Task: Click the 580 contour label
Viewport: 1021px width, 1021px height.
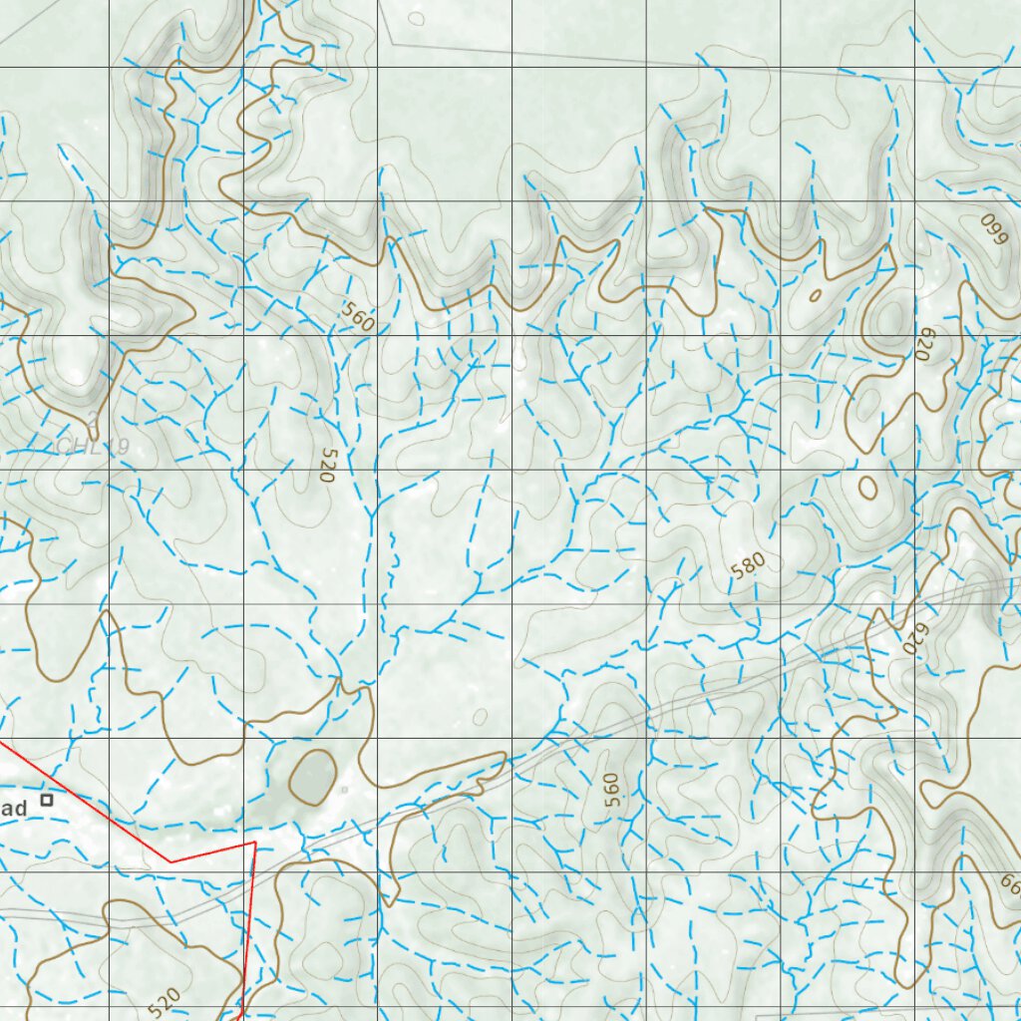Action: coord(748,566)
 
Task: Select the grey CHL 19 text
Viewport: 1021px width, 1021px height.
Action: coord(93,447)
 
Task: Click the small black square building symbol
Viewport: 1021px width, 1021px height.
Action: coord(47,799)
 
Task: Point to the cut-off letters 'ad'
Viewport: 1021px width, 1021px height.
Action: coord(12,810)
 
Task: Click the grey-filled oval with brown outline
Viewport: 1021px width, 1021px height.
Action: coord(312,776)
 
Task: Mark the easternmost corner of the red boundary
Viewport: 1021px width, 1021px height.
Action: coord(256,843)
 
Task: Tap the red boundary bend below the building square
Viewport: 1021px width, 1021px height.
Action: coord(171,861)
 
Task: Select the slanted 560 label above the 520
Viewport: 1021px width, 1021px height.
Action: coord(357,316)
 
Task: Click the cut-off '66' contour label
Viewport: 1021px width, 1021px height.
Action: coord(1009,883)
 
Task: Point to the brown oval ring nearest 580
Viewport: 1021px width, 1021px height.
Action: coord(867,488)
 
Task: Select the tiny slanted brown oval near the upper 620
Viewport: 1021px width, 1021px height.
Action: coord(816,294)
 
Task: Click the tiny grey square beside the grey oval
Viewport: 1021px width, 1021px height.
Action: coord(344,789)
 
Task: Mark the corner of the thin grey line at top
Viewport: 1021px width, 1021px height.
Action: coord(389,43)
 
